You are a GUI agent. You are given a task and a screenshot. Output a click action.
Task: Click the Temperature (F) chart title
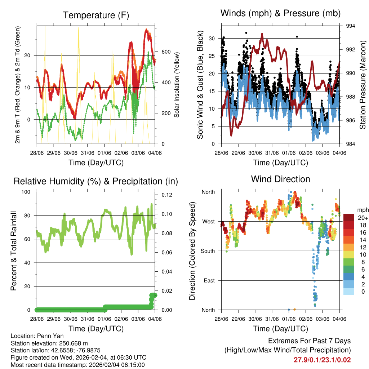(x=96, y=15)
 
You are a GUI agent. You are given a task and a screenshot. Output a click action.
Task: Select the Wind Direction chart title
(x=280, y=179)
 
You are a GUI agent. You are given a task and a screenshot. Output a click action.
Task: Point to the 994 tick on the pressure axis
(x=351, y=26)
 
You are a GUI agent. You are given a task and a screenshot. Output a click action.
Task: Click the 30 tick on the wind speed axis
(x=212, y=38)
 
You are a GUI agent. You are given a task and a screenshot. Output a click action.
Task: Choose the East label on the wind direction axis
(x=209, y=280)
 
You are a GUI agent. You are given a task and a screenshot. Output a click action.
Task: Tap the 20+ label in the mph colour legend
(x=362, y=218)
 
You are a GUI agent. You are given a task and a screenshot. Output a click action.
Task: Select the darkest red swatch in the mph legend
(x=349, y=218)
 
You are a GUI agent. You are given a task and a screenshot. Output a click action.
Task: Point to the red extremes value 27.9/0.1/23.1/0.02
(x=322, y=360)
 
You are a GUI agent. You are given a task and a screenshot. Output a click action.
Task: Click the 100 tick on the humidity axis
(x=28, y=192)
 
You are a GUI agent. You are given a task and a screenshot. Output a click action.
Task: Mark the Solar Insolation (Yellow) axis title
(x=177, y=85)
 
